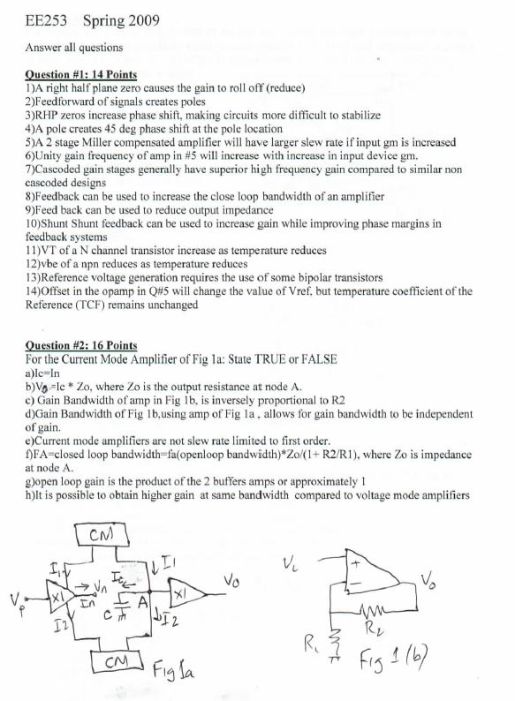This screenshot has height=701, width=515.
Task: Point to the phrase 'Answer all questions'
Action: pyautogui.click(x=74, y=46)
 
